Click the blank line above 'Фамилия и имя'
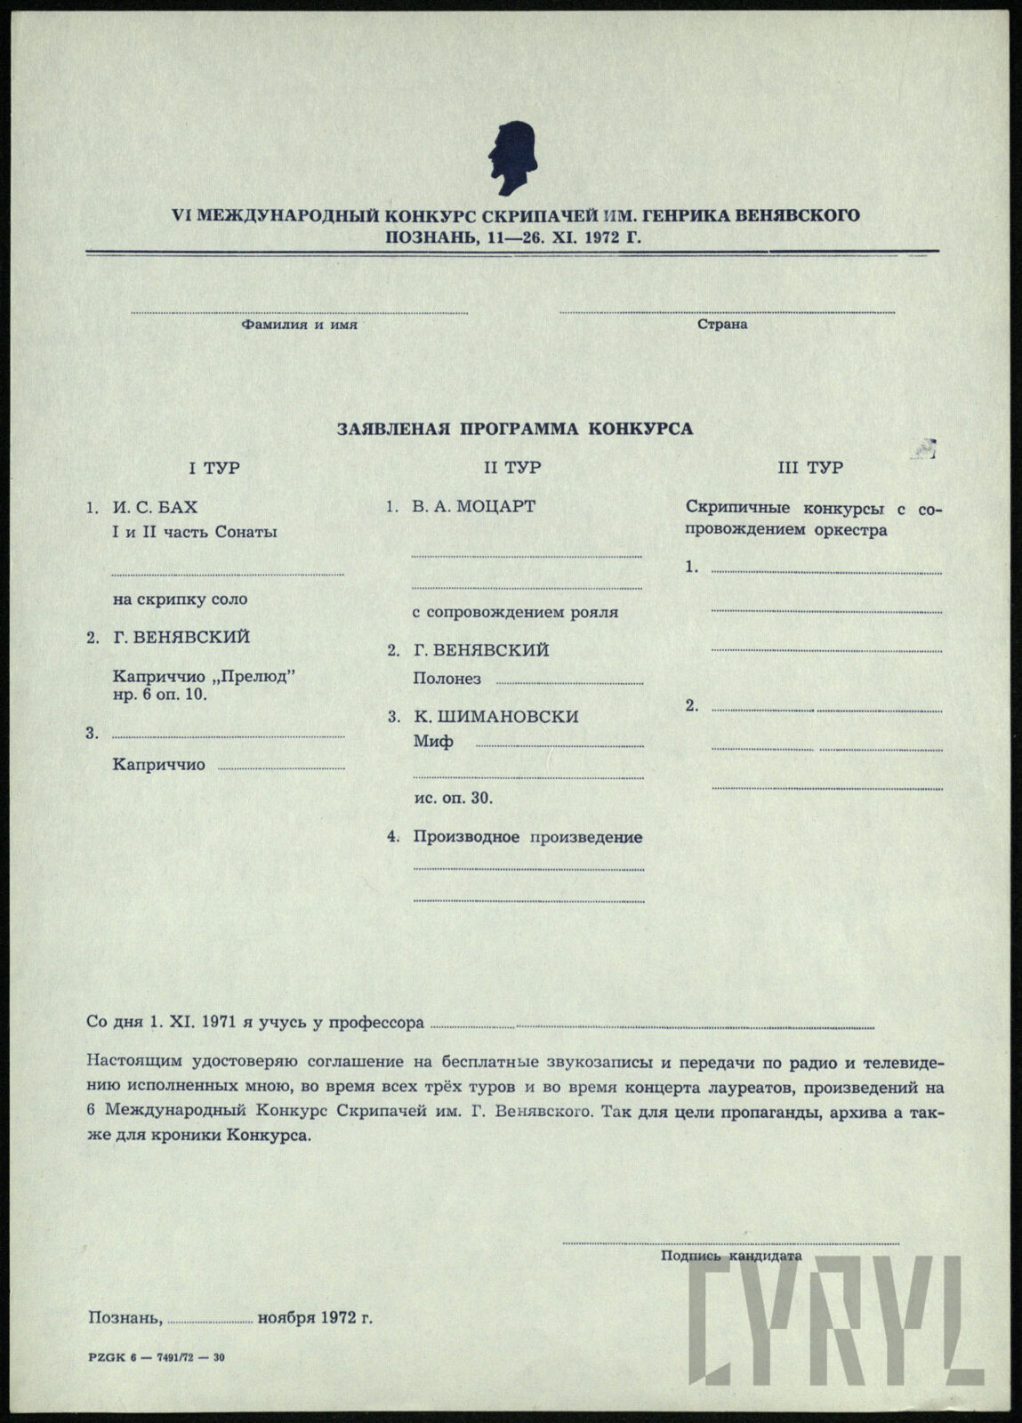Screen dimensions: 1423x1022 [x=300, y=312]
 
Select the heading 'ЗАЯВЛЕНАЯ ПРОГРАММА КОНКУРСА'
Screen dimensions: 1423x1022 [x=515, y=429]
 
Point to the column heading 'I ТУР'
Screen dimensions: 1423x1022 [x=213, y=468]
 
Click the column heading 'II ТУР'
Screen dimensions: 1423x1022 [x=511, y=468]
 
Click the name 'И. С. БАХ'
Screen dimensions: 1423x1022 [x=155, y=507]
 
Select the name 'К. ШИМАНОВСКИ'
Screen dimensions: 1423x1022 [x=495, y=717]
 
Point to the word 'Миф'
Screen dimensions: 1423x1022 [x=433, y=741]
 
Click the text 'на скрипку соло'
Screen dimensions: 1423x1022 [x=181, y=599]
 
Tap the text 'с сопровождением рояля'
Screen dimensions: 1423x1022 [x=516, y=613]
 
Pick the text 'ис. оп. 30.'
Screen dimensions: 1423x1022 [x=454, y=798]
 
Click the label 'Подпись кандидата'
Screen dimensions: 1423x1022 [x=731, y=1256]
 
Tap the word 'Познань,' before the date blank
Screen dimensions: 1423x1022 [x=124, y=1317]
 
